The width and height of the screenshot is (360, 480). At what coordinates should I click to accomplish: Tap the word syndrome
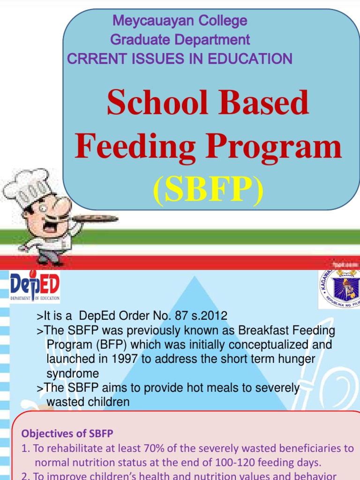point(72,374)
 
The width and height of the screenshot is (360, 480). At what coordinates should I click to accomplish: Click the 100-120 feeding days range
point(245,463)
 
